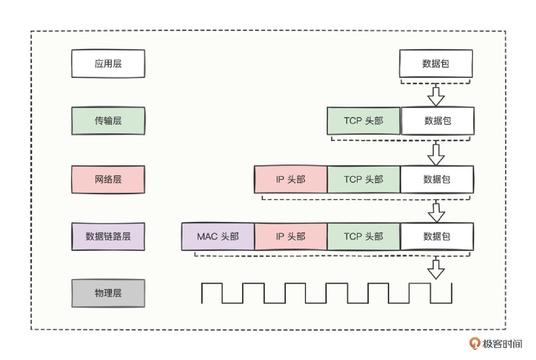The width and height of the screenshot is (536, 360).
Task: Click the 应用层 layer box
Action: click(108, 64)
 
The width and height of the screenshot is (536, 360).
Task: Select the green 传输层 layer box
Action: click(108, 121)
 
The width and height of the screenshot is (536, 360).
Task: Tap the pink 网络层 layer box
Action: click(108, 179)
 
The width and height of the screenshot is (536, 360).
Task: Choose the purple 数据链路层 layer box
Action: click(108, 236)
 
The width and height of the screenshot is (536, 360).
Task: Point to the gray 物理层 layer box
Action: click(108, 293)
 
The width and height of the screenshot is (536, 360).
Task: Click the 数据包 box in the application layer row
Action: click(436, 64)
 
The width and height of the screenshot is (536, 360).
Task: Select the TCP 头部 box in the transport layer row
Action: click(363, 121)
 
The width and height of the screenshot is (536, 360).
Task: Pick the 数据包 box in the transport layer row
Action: click(437, 121)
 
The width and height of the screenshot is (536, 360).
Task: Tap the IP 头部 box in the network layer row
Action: click(291, 179)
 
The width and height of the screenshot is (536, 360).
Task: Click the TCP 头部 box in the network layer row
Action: click(363, 179)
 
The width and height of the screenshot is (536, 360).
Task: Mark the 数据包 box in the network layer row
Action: click(437, 179)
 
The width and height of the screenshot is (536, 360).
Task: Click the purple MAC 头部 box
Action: click(218, 236)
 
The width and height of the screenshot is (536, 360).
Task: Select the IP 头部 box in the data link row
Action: click(291, 236)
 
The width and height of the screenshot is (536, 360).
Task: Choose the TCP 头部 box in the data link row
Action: click(363, 236)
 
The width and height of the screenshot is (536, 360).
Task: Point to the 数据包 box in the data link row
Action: click(437, 236)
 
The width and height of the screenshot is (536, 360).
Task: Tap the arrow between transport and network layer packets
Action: click(436, 155)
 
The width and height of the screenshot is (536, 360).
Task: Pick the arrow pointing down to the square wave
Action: click(436, 269)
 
